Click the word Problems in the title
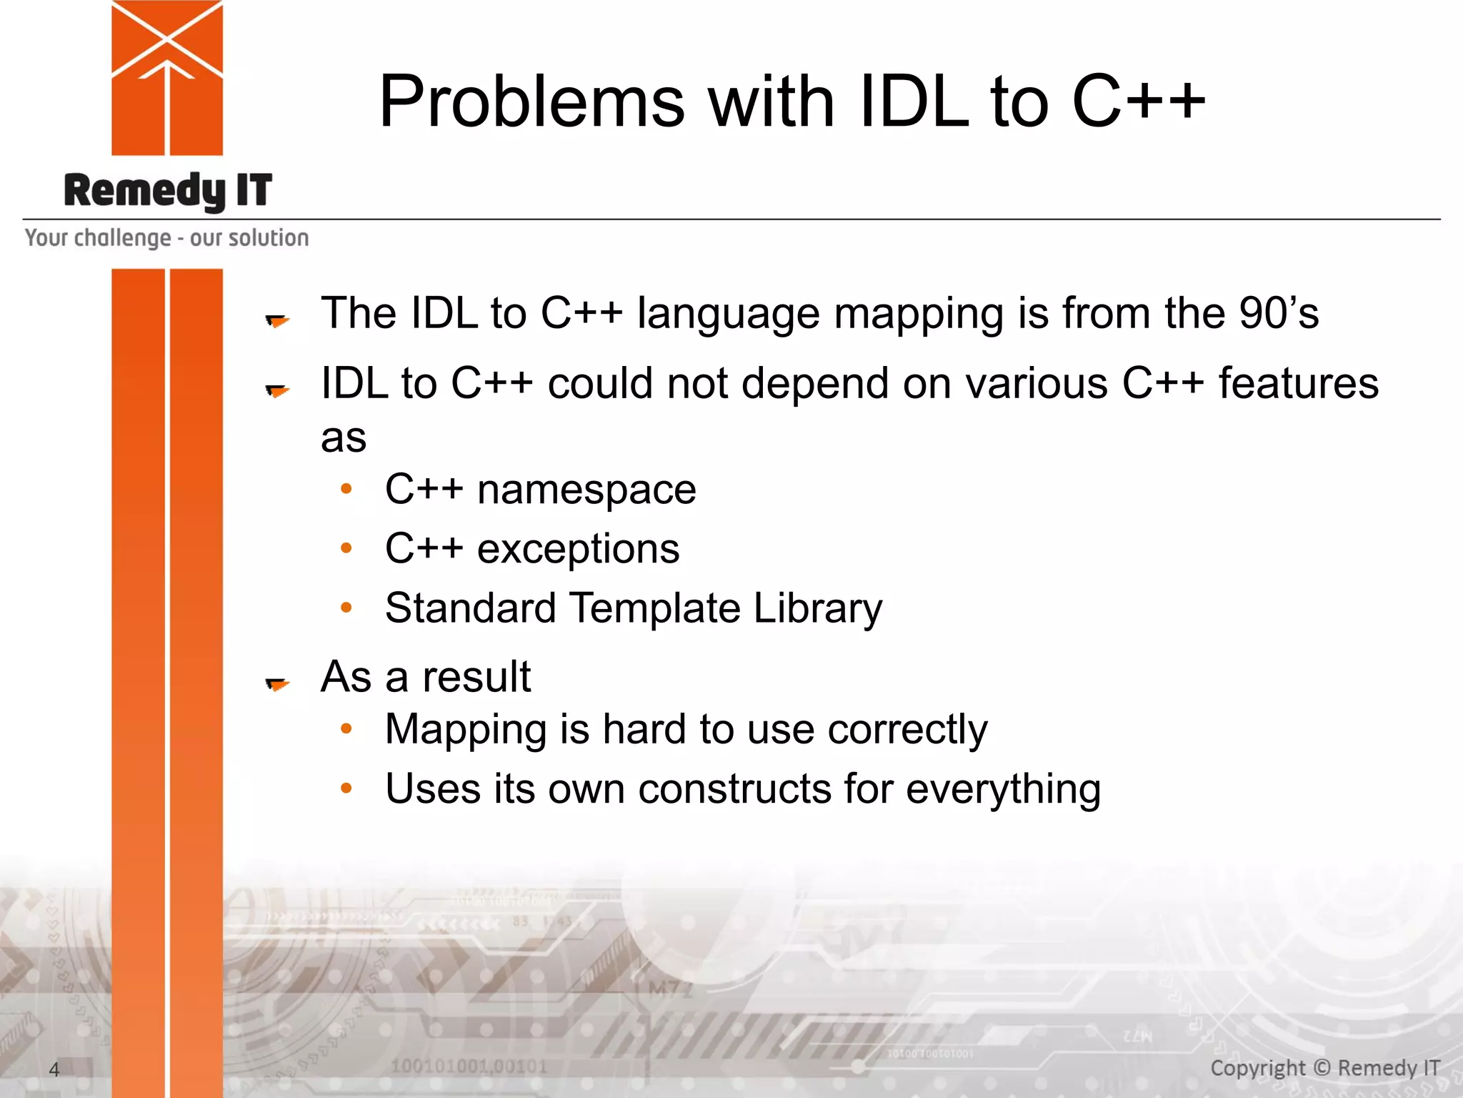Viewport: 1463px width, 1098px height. tap(531, 102)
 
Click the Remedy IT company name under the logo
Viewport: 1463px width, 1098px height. tap(168, 191)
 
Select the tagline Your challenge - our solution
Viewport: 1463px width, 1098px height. tap(166, 238)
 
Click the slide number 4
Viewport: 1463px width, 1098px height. tap(54, 1069)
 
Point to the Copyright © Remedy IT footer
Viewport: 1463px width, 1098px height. tap(1324, 1068)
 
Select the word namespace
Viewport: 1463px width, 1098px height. tap(586, 490)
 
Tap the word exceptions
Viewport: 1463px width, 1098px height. tap(578, 549)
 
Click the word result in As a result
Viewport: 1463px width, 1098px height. tap(476, 677)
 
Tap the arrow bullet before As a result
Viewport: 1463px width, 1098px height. tap(276, 684)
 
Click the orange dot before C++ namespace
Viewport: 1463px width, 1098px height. tap(346, 490)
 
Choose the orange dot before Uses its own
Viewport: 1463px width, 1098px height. tap(346, 788)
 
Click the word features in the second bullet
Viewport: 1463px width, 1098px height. tap(1298, 383)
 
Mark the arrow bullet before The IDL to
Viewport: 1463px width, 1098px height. tap(276, 320)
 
